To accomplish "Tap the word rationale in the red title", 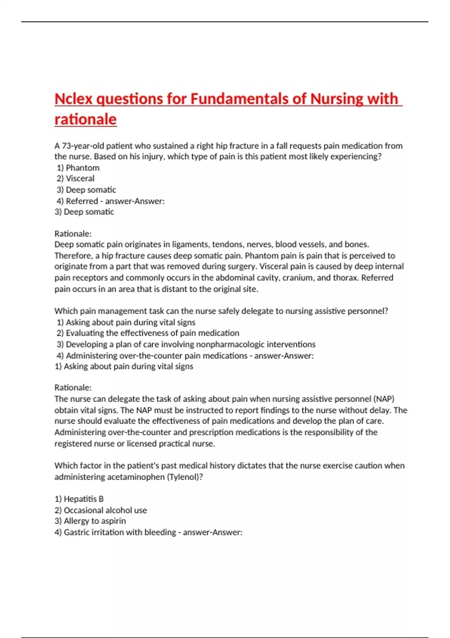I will [x=85, y=119].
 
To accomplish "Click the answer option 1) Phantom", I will [x=78, y=168].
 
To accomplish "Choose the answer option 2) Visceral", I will [x=75, y=179].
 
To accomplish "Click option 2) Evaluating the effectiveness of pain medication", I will [x=148, y=333].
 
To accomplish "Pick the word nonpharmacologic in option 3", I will [x=230, y=344].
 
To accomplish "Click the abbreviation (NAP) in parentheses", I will [x=384, y=399].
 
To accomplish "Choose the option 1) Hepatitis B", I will [x=79, y=499].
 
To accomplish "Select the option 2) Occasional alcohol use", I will [x=101, y=510].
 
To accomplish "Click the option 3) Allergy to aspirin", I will [x=90, y=521].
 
